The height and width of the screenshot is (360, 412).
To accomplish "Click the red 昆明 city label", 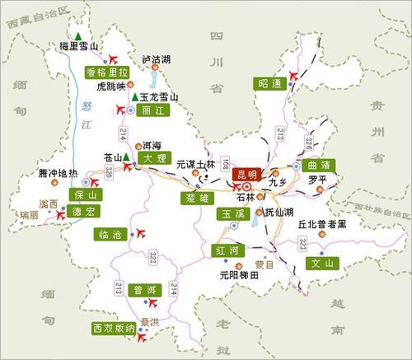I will (247, 174).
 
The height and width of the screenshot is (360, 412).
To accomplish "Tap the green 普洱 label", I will (147, 291).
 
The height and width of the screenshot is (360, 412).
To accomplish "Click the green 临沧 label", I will (110, 235).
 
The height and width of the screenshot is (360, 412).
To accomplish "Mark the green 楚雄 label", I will (196, 198).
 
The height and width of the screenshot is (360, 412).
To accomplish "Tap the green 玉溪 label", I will (231, 214).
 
